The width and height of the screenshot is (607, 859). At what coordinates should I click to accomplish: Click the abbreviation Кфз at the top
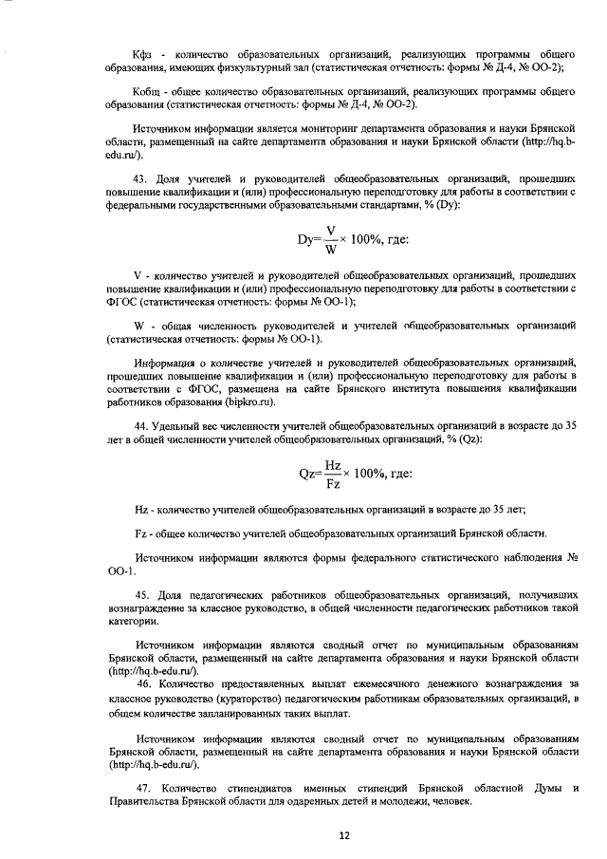[x=119, y=53]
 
